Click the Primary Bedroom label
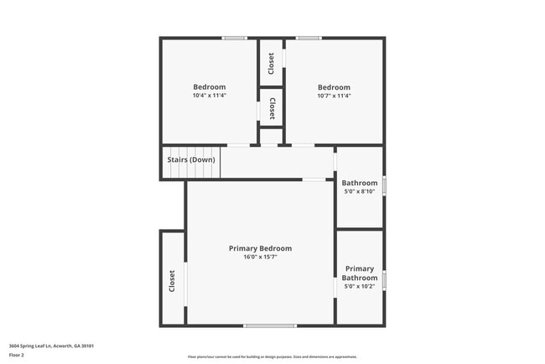pyautogui.click(x=260, y=248)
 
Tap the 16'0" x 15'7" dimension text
pyautogui.click(x=260, y=257)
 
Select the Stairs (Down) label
pyautogui.click(x=190, y=159)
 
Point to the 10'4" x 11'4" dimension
pyautogui.click(x=209, y=96)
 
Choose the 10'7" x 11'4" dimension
pyautogui.click(x=334, y=96)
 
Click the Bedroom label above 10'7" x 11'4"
pyautogui.click(x=334, y=87)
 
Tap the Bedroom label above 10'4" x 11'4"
pyautogui.click(x=209, y=87)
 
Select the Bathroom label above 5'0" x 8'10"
pyautogui.click(x=360, y=183)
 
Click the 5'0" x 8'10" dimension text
pyautogui.click(x=360, y=191)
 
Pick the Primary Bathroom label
pyautogui.click(x=360, y=273)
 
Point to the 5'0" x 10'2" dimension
pyautogui.click(x=360, y=287)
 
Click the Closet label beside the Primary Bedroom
pyautogui.click(x=173, y=280)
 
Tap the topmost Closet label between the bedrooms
pyautogui.click(x=271, y=64)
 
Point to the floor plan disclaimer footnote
pyautogui.click(x=272, y=356)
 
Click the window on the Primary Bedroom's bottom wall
pyautogui.click(x=270, y=325)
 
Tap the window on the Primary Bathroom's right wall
pyautogui.click(x=384, y=278)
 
